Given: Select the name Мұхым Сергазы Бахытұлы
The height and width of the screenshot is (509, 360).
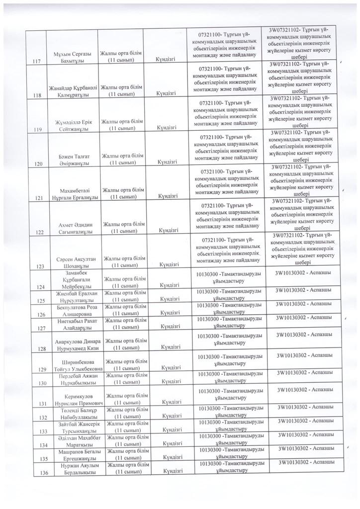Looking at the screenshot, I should point(71,57).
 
